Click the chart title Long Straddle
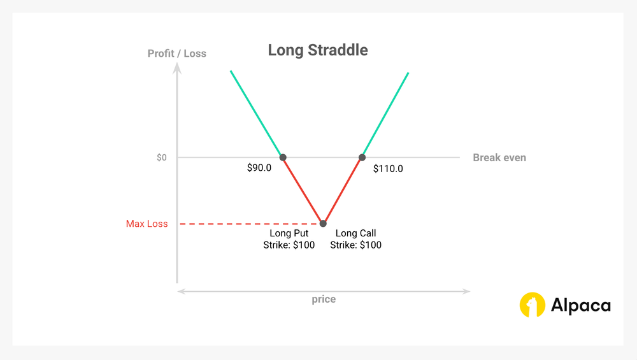click(x=318, y=50)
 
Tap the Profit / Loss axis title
click(x=177, y=54)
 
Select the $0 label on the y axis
click(x=162, y=157)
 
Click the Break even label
click(x=499, y=157)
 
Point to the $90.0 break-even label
click(x=260, y=169)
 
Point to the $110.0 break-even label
click(x=387, y=169)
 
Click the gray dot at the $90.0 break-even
click(x=283, y=157)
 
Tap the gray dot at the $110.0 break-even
click(x=362, y=157)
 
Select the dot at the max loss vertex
click(x=323, y=223)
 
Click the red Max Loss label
click(x=147, y=224)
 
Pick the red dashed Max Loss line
click(x=248, y=224)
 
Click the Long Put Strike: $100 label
click(x=289, y=239)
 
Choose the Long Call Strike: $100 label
click(x=355, y=239)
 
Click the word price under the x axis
click(x=324, y=299)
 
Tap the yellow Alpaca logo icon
click(x=533, y=305)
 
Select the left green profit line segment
click(x=256, y=113)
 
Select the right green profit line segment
click(x=385, y=113)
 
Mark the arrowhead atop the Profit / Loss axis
click(x=178, y=67)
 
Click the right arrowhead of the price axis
click(x=467, y=291)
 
